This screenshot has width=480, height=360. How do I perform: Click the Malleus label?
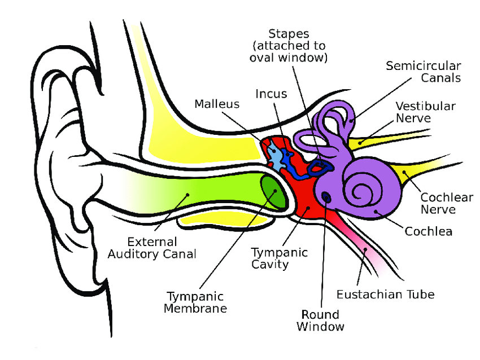pyautogui.click(x=217, y=104)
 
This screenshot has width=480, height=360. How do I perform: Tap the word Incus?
pyautogui.click(x=271, y=94)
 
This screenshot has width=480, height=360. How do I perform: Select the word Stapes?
pyautogui.click(x=289, y=34)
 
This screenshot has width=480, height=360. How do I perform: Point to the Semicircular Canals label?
pyautogui.click(x=424, y=72)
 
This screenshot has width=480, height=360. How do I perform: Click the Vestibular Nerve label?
pyautogui.click(x=426, y=112)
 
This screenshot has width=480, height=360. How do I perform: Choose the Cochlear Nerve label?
pyautogui.click(x=447, y=203)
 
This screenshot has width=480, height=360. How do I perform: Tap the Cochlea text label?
pyautogui.click(x=428, y=231)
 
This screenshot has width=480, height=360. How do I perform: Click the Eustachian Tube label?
pyautogui.click(x=385, y=295)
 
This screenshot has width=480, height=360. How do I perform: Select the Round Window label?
pyautogui.click(x=320, y=321)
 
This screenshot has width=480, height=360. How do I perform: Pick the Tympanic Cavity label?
pyautogui.click(x=280, y=258)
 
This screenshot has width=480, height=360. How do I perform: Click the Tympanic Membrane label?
pyautogui.click(x=195, y=302)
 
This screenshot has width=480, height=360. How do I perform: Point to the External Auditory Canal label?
pyautogui.click(x=152, y=248)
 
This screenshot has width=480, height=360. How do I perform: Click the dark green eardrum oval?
pyautogui.click(x=273, y=192)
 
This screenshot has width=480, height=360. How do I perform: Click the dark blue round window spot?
pyautogui.click(x=326, y=197)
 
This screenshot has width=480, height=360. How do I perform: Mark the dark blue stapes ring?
pyautogui.click(x=319, y=167)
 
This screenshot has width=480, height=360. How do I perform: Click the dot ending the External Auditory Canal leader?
pyautogui.click(x=187, y=195)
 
